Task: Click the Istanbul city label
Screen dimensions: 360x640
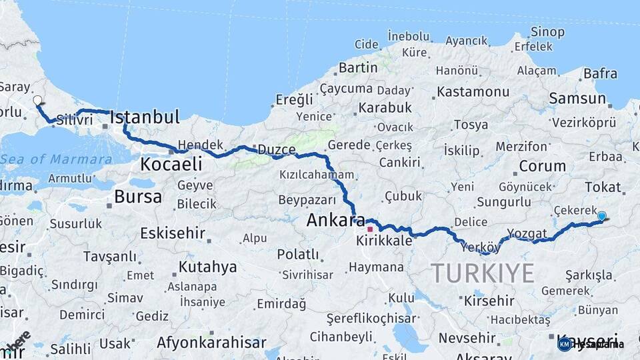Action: tap(145, 118)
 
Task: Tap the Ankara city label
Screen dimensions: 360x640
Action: tap(331, 219)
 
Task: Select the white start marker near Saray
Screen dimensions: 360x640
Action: tap(37, 101)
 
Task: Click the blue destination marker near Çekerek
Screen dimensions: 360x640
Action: tap(602, 216)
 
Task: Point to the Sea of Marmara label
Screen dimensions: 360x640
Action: tap(56, 159)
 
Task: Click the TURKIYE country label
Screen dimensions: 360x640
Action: tap(482, 273)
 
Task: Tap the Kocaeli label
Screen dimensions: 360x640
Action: tap(171, 164)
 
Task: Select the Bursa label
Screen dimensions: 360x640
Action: tap(137, 197)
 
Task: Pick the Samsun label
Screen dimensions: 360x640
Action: tap(577, 99)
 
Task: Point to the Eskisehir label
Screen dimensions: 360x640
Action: tap(172, 233)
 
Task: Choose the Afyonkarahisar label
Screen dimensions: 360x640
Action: tap(211, 343)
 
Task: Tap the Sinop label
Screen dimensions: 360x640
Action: tap(547, 31)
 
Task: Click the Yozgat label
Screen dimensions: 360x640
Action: tap(527, 233)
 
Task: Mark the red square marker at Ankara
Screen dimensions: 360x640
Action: tap(370, 229)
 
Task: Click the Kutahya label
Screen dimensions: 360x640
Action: tap(207, 267)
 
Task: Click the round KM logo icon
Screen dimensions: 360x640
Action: tap(565, 344)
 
